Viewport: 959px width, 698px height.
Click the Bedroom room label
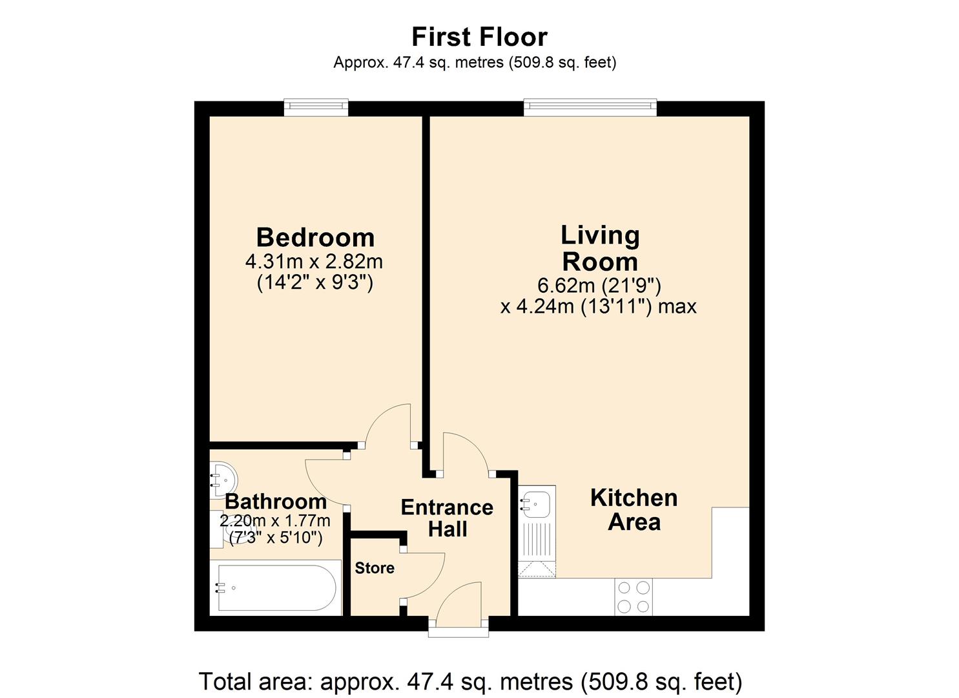[x=315, y=237]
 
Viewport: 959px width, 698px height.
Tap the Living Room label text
[x=600, y=248]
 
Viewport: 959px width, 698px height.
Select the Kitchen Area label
[x=634, y=509]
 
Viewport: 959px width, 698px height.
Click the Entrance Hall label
[x=447, y=518]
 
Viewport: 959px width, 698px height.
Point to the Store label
[x=375, y=568]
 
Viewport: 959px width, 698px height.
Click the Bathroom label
[x=276, y=502]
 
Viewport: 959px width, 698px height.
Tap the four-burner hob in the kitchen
[x=634, y=597]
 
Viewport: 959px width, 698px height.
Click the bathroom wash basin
[x=223, y=480]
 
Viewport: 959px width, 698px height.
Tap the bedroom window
[x=316, y=107]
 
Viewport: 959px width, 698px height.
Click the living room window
[x=590, y=107]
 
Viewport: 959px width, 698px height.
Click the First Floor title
[x=479, y=37]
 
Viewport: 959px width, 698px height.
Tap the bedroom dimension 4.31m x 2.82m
[x=314, y=262]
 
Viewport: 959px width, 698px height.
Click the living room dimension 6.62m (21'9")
[x=599, y=285]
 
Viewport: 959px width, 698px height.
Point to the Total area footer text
[x=470, y=681]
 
